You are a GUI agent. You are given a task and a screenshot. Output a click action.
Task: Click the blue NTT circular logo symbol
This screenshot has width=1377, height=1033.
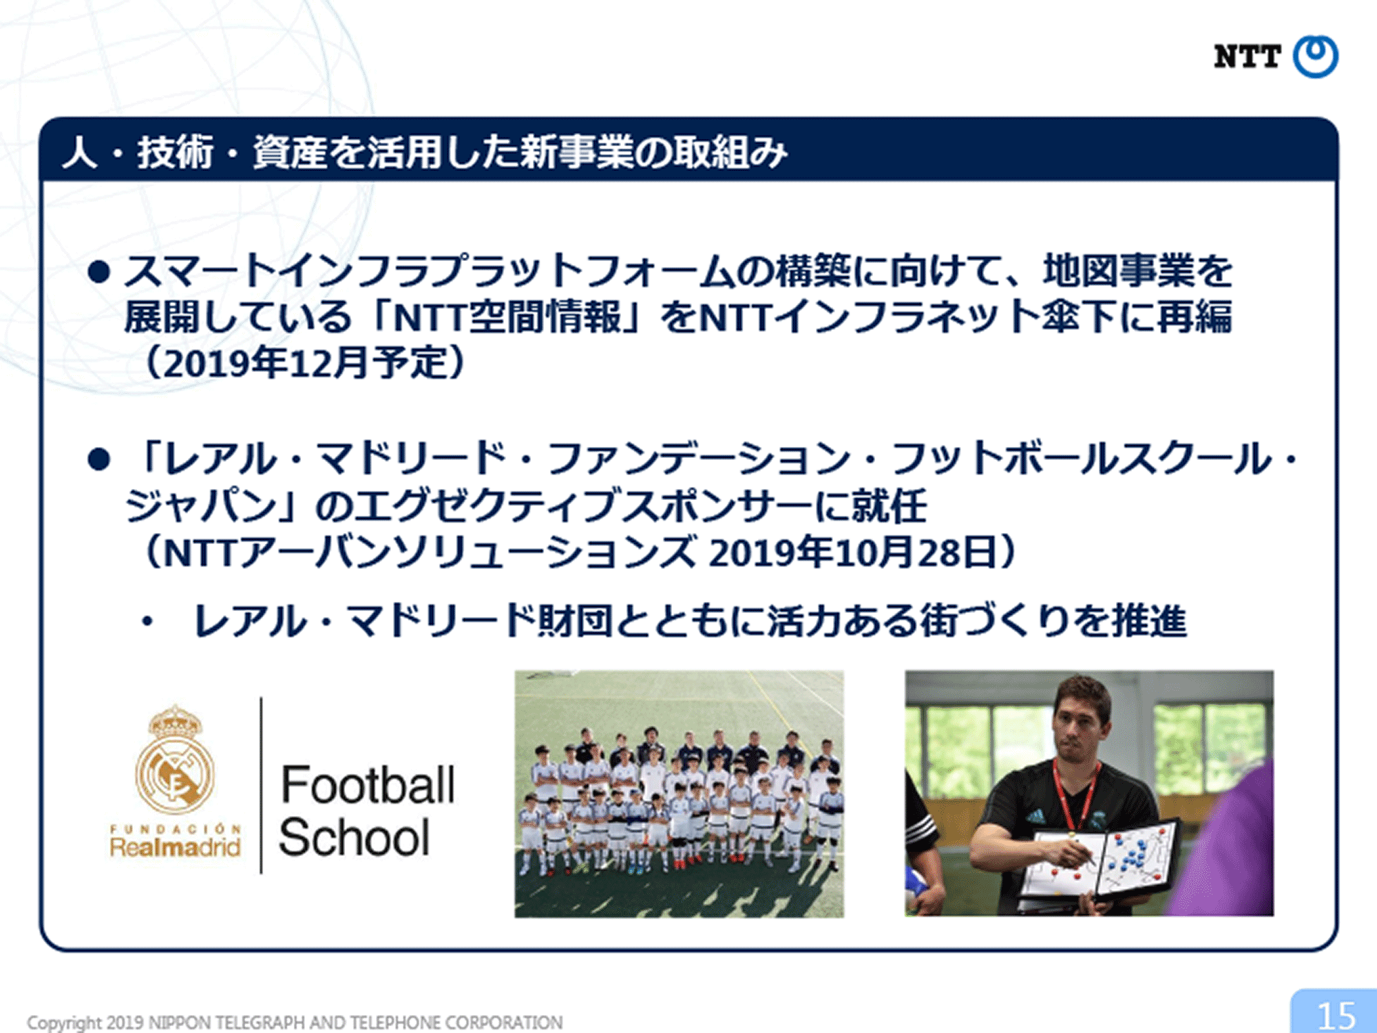tap(1315, 56)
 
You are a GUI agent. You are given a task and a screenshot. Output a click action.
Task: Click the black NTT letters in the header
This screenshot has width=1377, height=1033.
tap(1247, 56)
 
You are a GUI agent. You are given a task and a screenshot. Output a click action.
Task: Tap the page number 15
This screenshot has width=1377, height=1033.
tap(1336, 1015)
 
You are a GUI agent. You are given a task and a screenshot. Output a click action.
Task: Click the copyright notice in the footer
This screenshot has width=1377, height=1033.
tap(295, 1022)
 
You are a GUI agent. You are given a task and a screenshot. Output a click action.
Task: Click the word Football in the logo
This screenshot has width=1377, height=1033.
tap(368, 785)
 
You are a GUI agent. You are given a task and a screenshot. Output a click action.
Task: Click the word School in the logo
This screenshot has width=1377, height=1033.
tap(355, 837)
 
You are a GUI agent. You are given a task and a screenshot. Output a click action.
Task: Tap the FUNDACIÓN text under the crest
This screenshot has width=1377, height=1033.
tap(176, 828)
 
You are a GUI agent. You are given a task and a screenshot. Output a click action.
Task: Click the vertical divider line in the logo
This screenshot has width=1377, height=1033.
tap(261, 785)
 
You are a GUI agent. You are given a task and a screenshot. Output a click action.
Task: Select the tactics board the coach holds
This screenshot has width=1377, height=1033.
tap(1098, 861)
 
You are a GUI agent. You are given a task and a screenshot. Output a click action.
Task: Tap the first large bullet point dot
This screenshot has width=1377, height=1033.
tap(99, 272)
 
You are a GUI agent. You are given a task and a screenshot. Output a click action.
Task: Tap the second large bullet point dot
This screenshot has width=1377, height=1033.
tap(99, 459)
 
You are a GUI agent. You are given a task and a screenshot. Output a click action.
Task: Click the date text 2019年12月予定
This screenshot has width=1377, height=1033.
tap(305, 363)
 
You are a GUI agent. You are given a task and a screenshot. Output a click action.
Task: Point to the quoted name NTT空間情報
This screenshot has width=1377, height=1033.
tap(507, 317)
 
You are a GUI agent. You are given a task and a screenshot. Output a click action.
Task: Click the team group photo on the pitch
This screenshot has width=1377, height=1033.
tap(679, 793)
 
